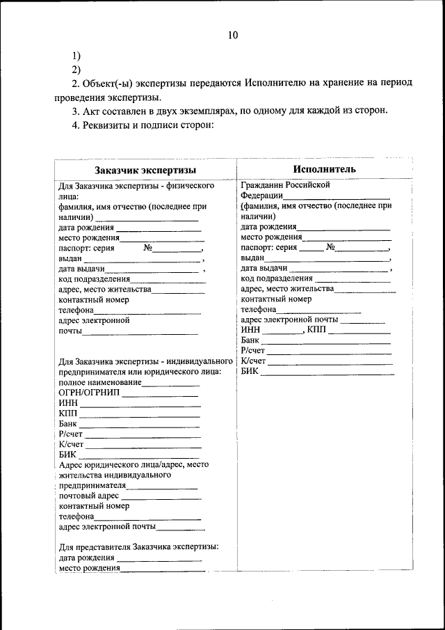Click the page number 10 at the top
(x=232, y=36)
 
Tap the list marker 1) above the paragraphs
(x=76, y=56)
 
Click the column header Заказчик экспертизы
(x=145, y=170)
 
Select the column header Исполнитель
(x=324, y=169)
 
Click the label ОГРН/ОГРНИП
(x=90, y=393)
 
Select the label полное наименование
(x=100, y=382)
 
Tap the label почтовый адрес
(x=89, y=496)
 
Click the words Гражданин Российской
(x=284, y=185)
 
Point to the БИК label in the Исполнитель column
(x=250, y=372)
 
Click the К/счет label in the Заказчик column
(x=71, y=444)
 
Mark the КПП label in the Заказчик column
(x=68, y=413)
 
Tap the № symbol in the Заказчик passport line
(x=147, y=247)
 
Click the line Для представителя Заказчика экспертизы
(x=139, y=547)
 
